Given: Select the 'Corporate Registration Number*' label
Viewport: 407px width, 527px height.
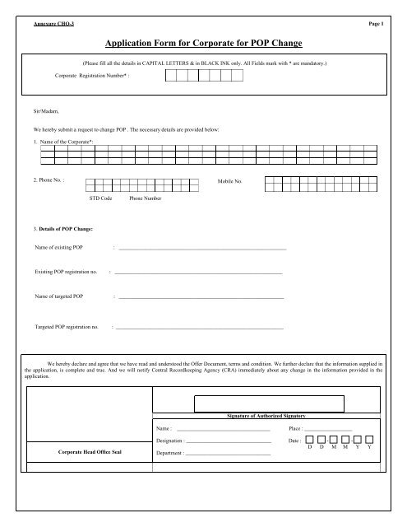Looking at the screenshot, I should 92,74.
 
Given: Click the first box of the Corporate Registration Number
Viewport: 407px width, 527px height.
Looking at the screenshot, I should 171,76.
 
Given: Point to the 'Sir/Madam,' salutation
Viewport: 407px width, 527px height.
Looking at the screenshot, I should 36,108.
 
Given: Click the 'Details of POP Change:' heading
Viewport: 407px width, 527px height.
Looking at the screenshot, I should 56,226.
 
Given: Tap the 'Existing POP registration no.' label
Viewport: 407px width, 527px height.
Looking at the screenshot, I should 67,270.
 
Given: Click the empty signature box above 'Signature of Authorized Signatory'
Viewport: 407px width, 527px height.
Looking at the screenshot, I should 268,403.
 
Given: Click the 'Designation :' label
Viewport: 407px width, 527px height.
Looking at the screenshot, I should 173,441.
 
